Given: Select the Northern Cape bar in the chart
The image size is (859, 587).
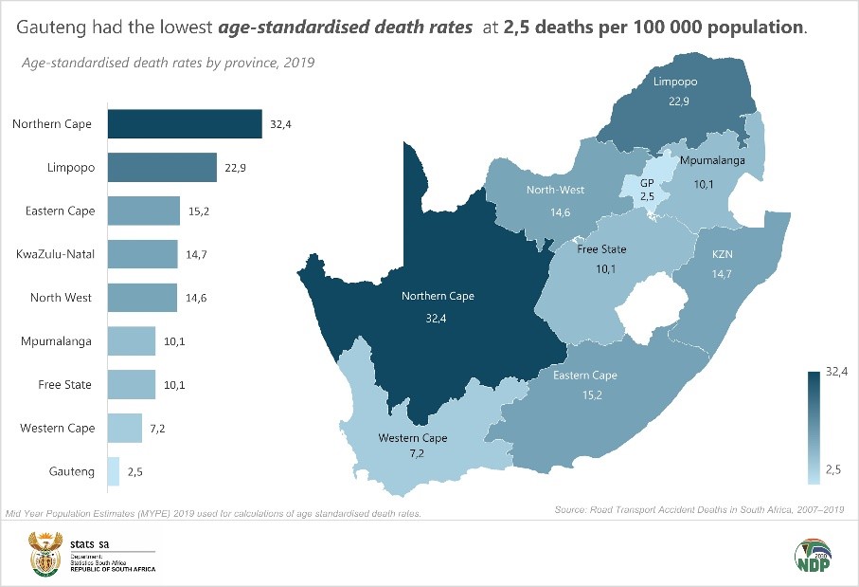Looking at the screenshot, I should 185,124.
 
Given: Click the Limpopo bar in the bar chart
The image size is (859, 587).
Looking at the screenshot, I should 162,168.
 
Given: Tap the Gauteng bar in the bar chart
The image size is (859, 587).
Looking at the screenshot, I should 114,471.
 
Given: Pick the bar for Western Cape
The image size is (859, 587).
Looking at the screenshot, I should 125,429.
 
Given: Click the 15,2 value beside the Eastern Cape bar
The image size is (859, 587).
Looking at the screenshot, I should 198,211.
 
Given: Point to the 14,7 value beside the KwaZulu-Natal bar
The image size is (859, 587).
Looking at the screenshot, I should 196,254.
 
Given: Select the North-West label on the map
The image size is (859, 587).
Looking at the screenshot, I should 555,190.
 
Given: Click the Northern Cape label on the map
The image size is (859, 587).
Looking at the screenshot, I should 438,296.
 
